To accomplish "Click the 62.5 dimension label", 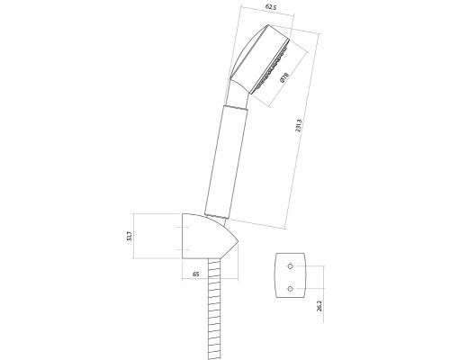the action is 271,7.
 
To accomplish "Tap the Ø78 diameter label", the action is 283,77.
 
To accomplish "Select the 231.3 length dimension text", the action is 299,126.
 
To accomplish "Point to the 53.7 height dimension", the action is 130,236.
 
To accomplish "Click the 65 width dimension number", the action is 195,274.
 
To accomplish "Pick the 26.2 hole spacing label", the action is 319,306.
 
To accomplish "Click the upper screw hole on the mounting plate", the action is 290,266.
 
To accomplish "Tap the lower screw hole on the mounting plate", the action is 290,289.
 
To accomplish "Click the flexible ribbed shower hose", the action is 214,309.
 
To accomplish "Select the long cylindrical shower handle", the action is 226,160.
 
